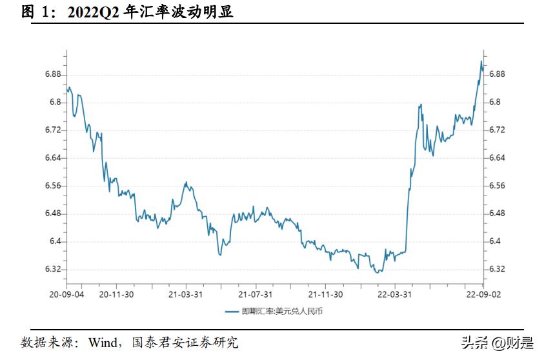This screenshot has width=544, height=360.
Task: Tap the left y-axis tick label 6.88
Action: (x=52, y=74)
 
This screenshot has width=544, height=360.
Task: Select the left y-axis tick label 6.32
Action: (x=52, y=269)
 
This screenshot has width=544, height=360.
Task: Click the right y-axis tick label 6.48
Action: (x=497, y=214)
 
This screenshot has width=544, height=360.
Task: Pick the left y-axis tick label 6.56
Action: (x=52, y=186)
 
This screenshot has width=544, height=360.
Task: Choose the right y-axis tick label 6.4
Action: (x=495, y=241)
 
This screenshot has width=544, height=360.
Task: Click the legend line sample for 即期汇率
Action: (x=232, y=312)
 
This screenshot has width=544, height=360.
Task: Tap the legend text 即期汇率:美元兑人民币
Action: (x=282, y=312)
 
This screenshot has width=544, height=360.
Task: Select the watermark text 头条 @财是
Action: (x=498, y=342)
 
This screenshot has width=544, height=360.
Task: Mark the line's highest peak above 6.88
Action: (x=481, y=61)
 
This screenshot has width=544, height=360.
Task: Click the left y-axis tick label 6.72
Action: (x=52, y=130)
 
